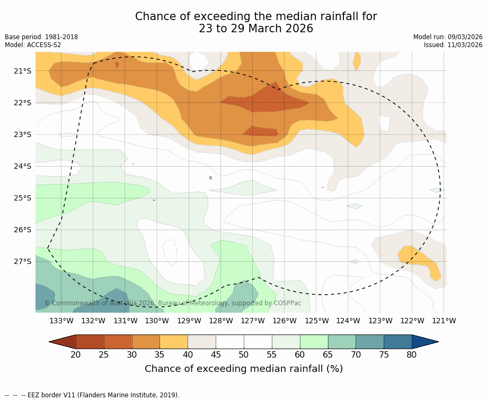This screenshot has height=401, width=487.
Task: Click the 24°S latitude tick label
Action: point(22,166)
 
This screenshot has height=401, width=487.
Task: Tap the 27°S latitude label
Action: point(22,261)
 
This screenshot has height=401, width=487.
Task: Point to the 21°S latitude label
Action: point(22,71)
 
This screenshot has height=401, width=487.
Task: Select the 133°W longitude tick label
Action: point(61,321)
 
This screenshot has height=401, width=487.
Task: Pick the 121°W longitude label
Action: point(444,321)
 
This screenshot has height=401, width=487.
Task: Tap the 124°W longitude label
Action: point(348,321)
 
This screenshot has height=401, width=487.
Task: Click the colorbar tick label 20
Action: point(76,354)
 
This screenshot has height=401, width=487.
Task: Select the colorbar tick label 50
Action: point(244,354)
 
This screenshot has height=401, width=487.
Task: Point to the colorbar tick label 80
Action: point(412,354)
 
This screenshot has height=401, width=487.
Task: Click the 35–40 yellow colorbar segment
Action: point(174,342)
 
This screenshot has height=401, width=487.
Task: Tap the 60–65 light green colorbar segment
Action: point(314,342)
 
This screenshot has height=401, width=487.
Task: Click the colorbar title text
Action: point(244,369)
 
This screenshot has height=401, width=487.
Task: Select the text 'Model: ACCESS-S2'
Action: point(33,45)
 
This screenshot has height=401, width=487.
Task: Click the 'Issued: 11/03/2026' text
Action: point(453,45)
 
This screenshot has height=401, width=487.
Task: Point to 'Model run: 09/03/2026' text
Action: point(448,37)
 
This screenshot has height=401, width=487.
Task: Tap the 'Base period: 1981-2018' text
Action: point(41,37)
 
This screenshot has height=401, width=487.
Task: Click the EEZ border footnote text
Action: point(92,395)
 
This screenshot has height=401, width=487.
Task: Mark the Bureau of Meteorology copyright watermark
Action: point(173,303)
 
